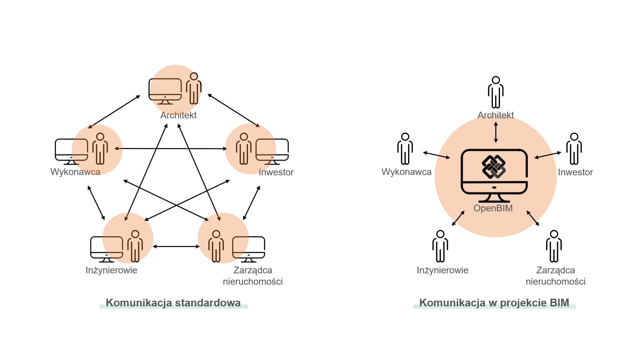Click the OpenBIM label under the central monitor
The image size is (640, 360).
[493, 208]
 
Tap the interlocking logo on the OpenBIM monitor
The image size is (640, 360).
[494, 167]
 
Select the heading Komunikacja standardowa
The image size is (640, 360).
[173, 303]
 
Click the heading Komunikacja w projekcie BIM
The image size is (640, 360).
[494, 303]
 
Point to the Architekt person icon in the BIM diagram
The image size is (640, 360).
[496, 92]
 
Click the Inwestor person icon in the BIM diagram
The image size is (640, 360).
[574, 149]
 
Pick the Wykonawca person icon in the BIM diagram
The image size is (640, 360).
[405, 149]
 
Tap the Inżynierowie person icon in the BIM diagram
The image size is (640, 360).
[440, 246]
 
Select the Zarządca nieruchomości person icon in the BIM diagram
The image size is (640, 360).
[554, 246]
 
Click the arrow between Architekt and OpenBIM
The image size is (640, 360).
[496, 132]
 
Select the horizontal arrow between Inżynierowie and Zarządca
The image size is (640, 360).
[176, 246]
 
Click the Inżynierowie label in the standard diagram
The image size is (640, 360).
[111, 270]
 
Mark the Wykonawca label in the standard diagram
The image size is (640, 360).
[75, 172]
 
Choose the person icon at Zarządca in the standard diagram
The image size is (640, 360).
[216, 246]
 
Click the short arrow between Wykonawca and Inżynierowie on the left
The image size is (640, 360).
[96, 203]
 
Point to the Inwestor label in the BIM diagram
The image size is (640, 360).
[575, 172]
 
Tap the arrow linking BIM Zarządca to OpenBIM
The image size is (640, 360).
[533, 218]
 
